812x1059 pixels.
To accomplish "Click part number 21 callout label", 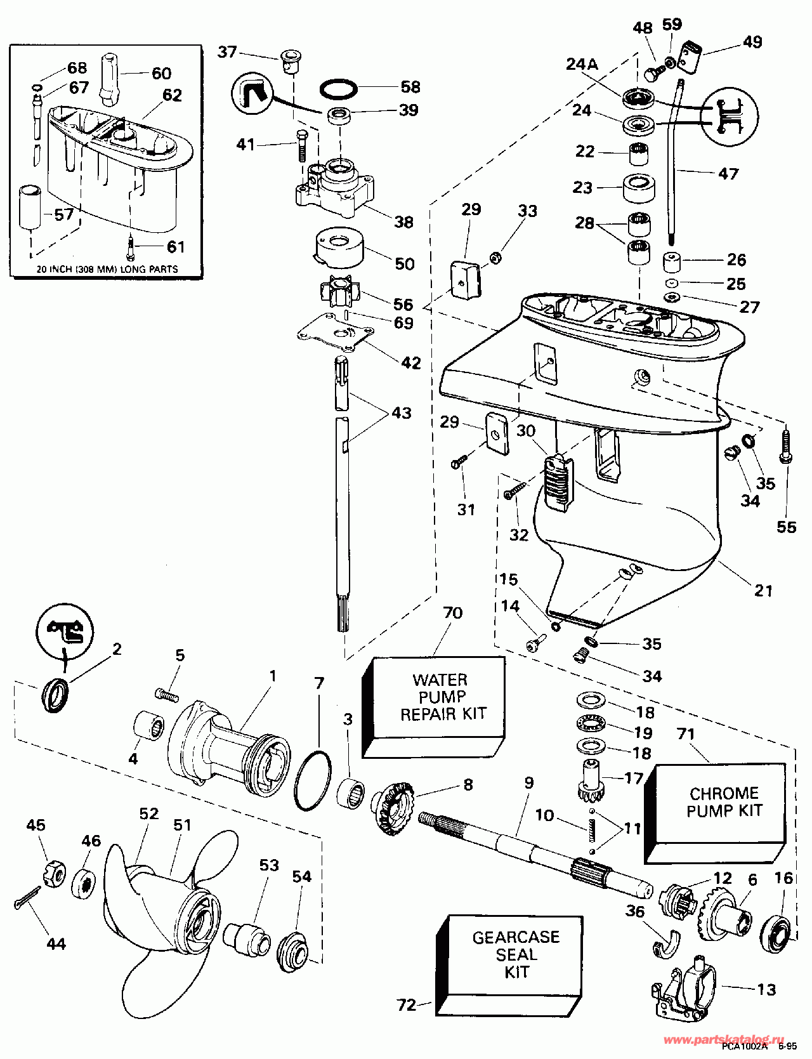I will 764,591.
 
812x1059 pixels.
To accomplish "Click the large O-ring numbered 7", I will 313,780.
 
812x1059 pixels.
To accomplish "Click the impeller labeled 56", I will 339,293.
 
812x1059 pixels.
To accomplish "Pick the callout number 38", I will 404,222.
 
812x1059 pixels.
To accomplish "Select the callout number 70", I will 453,613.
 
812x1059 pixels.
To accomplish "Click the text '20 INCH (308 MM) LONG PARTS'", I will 107,269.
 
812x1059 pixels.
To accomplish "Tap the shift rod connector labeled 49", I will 689,56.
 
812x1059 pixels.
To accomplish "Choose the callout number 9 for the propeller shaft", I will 528,783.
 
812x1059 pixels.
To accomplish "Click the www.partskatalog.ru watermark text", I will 719,1039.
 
